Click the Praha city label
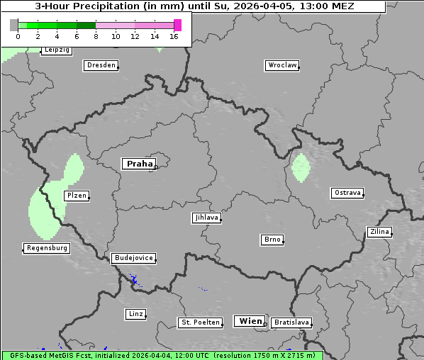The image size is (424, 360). [x=139, y=164]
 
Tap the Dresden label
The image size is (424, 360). [x=101, y=65]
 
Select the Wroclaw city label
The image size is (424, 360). [x=281, y=65]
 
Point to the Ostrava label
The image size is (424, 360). [x=347, y=193]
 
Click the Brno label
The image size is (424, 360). [x=272, y=240]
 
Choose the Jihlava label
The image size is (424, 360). [x=206, y=218]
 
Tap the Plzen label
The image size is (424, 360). [x=76, y=196]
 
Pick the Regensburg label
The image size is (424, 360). [x=47, y=248]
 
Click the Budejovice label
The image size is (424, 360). [x=133, y=258]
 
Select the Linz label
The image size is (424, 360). [x=135, y=313]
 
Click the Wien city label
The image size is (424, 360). [x=250, y=321]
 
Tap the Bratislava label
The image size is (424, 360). [x=291, y=322]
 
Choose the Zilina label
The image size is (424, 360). [x=379, y=232]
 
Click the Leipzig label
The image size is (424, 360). [x=56, y=50]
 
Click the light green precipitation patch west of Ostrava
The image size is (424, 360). [x=301, y=167]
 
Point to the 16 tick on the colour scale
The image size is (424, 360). [x=174, y=36]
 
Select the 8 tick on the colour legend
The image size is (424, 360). [x=96, y=36]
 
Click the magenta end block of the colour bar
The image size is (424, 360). [x=177, y=25]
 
